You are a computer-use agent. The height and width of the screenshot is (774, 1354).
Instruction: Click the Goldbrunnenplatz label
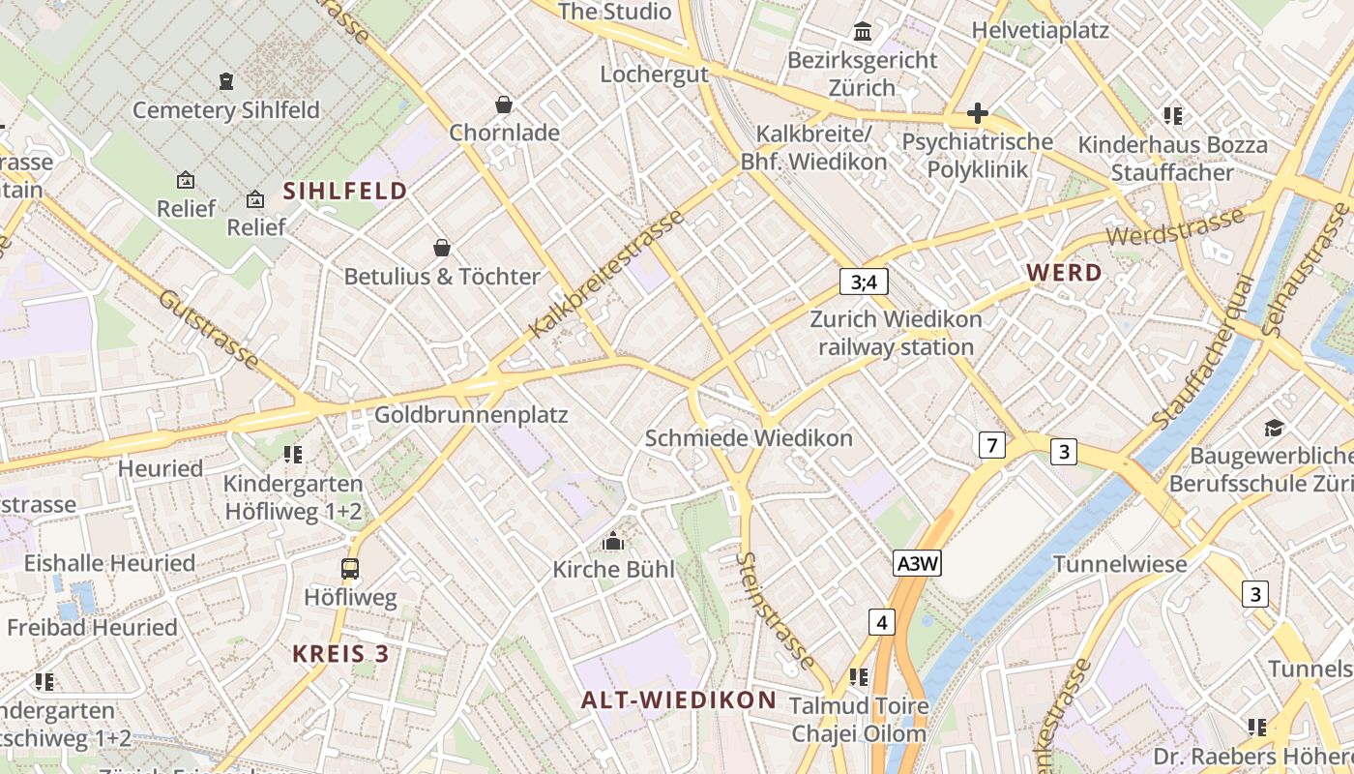(471, 415)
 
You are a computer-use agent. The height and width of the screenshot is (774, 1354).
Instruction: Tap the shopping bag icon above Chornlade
(503, 104)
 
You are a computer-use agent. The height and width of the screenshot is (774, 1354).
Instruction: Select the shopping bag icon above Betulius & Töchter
(442, 248)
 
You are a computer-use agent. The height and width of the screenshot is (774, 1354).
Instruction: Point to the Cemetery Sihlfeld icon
(226, 81)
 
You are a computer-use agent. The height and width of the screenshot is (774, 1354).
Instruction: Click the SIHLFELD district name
(345, 192)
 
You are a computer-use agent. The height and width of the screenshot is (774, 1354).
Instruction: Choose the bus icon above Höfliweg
(350, 569)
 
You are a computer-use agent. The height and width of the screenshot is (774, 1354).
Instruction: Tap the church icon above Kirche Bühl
(613, 541)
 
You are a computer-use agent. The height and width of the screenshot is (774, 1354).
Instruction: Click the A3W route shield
(917, 564)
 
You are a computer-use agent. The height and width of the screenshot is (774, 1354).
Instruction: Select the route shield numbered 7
(991, 445)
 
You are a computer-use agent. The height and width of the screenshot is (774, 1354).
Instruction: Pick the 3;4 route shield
(864, 282)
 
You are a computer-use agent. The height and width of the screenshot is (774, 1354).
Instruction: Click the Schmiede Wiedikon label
(749, 438)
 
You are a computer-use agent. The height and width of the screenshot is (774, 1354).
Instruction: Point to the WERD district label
(1065, 273)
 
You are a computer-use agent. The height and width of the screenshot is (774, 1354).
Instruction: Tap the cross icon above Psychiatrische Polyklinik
(977, 113)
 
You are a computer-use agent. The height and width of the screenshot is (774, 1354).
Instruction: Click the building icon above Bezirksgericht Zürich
(863, 32)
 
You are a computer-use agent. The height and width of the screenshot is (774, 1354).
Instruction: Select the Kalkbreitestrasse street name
(607, 274)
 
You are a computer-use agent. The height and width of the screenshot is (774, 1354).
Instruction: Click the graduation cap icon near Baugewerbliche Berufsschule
(1274, 428)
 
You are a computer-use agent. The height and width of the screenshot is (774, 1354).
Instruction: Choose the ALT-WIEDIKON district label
(679, 700)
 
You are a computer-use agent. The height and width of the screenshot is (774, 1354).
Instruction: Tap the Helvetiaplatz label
(1041, 30)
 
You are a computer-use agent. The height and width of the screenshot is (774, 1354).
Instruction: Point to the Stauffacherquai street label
(1203, 352)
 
